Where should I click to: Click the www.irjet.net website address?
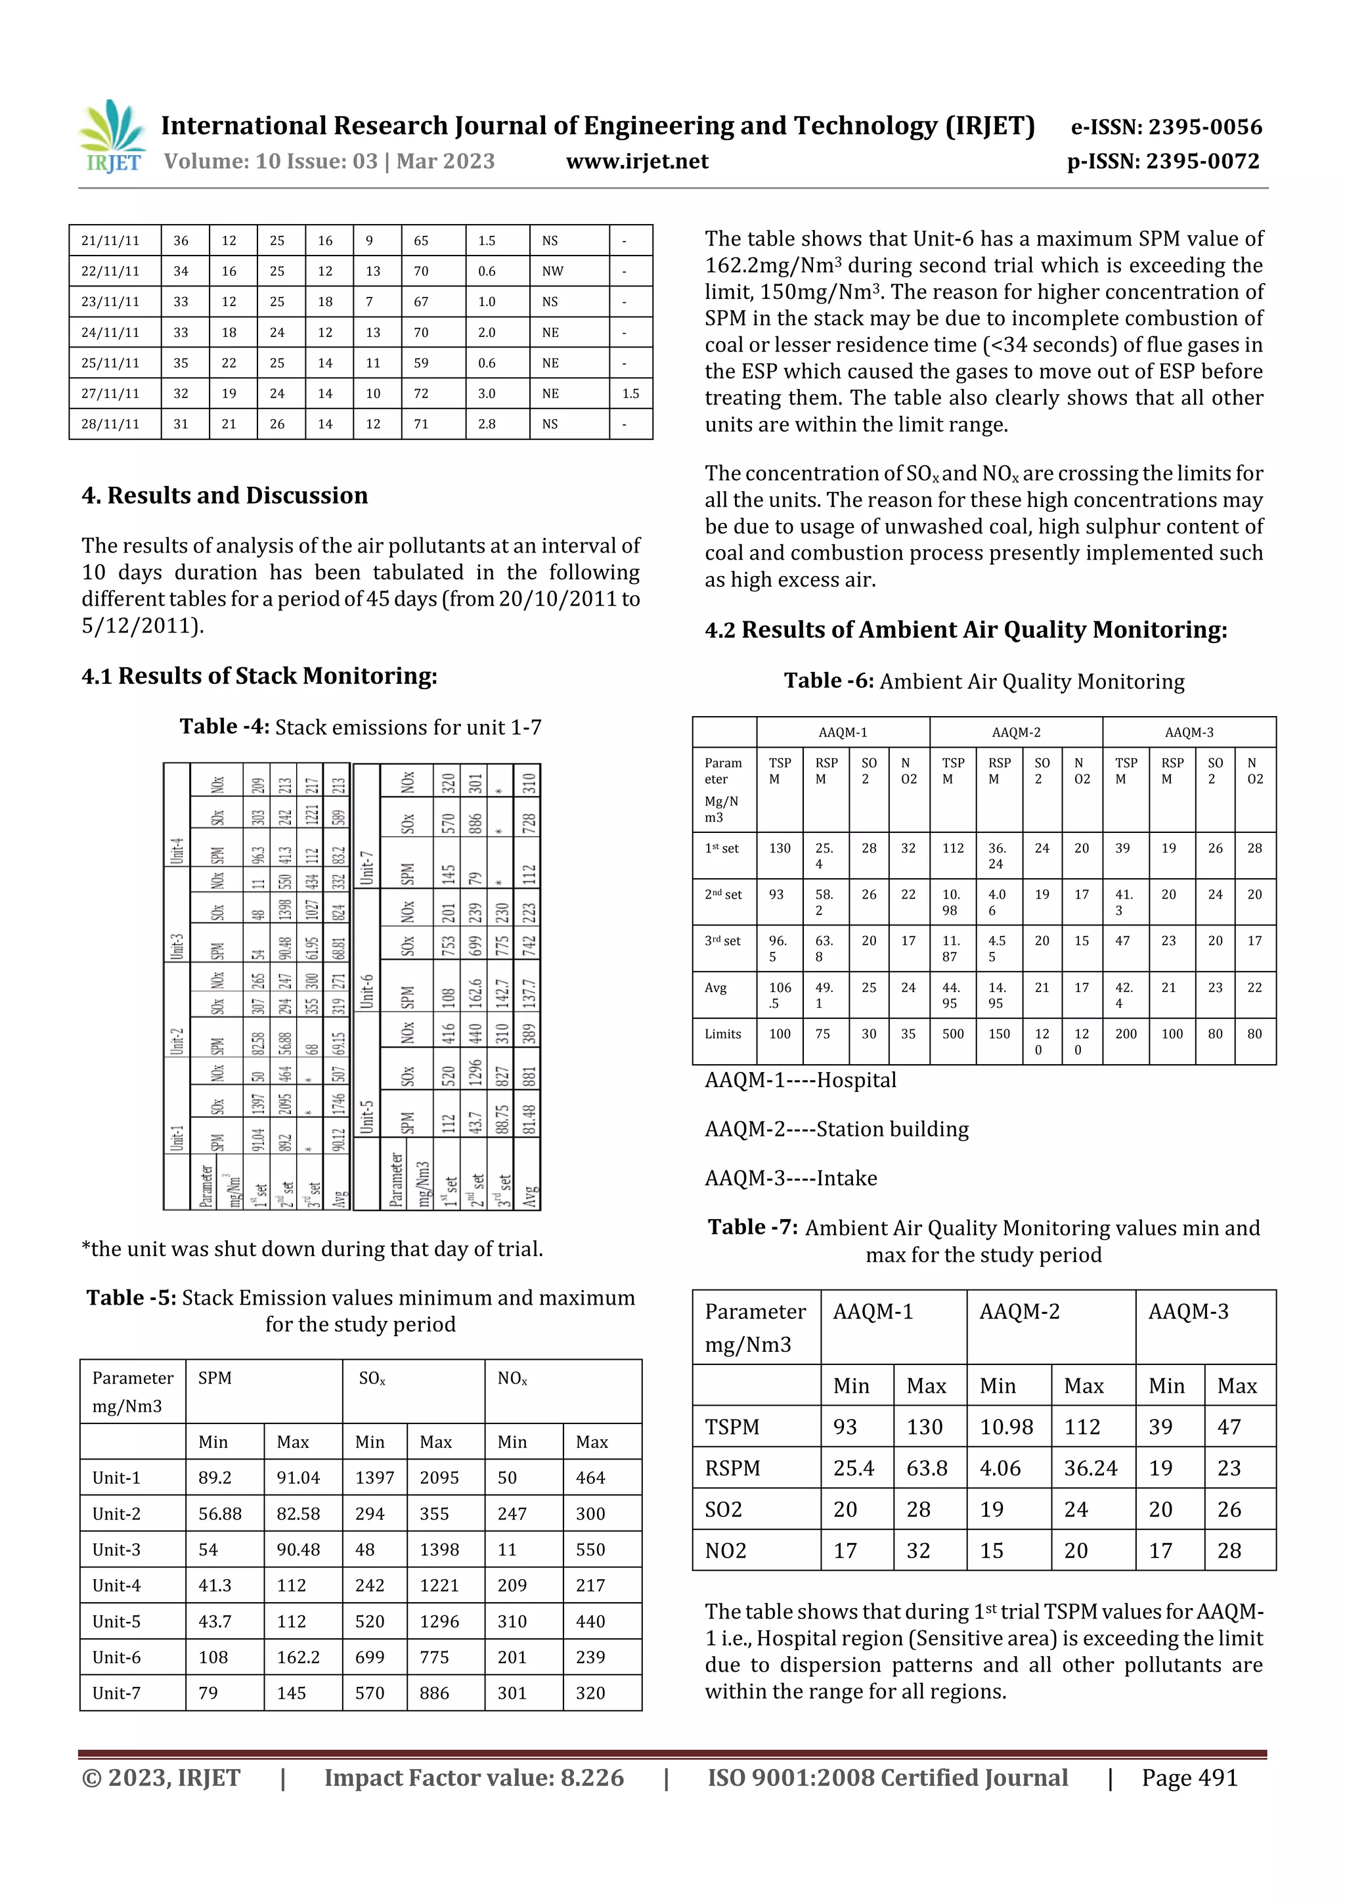636,161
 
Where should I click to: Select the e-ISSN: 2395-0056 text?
1166,127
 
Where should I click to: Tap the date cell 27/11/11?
110,393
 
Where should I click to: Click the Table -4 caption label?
225,727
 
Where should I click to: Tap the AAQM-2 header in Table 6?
1015,732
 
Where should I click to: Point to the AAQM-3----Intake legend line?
791,1178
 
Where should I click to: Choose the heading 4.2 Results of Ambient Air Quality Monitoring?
965,630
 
